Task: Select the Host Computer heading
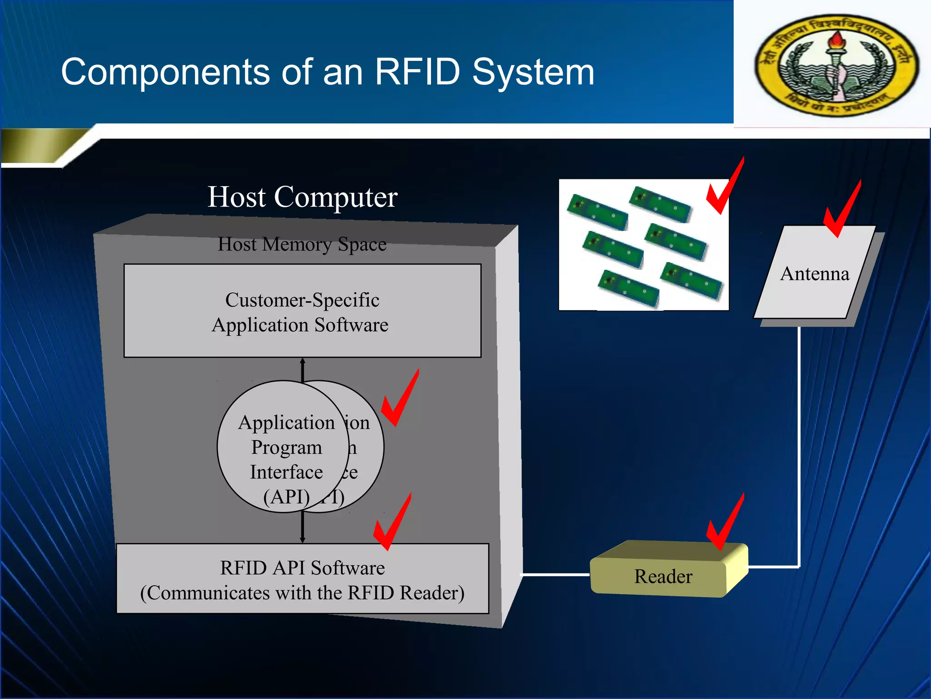tap(302, 197)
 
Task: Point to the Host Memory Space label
tap(302, 244)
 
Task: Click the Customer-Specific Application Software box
tap(302, 311)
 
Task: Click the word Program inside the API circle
tap(286, 447)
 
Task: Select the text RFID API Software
tap(302, 568)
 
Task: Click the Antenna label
tap(815, 274)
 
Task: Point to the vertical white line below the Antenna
tap(799, 446)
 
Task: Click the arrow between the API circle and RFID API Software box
tap(302, 528)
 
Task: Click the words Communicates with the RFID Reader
tap(302, 593)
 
